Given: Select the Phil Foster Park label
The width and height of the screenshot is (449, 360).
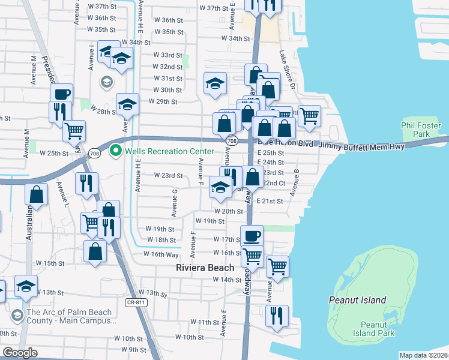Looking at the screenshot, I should tap(421, 130).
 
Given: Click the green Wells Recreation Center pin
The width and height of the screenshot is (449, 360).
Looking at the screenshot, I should tap(115, 151).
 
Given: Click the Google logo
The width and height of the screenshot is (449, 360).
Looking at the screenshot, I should tap(20, 353).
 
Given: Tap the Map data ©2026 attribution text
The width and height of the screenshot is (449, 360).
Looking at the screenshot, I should tap(424, 355).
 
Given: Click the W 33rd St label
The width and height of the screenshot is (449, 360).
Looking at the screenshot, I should tap(167, 55).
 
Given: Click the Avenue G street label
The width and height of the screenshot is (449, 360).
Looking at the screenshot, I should tap(174, 202).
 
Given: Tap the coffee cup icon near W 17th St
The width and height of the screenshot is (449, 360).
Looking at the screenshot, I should tap(252, 235).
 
